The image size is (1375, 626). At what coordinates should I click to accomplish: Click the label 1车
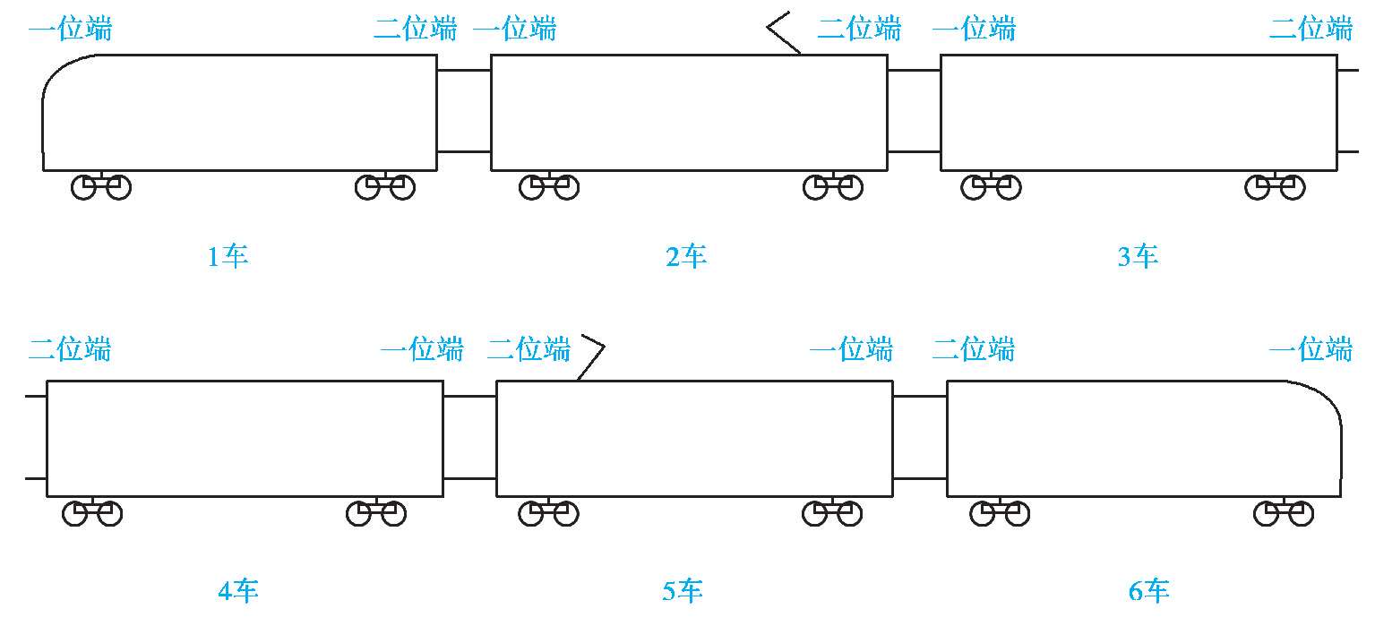(228, 258)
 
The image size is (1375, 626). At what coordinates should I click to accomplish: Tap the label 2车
(686, 258)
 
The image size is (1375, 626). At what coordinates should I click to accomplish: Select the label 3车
(1138, 258)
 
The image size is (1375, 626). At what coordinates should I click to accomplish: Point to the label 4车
(238, 591)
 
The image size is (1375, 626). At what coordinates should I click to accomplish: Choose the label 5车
(683, 591)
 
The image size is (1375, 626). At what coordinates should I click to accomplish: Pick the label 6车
(1149, 591)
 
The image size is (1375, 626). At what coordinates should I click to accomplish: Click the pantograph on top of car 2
(782, 34)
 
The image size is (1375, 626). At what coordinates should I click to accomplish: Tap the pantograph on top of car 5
(591, 357)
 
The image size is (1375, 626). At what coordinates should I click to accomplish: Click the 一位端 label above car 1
(71, 30)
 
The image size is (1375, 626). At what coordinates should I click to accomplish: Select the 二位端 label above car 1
(415, 30)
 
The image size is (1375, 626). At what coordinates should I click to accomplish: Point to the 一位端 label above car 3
(975, 30)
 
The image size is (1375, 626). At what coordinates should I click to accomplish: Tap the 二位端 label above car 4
(70, 348)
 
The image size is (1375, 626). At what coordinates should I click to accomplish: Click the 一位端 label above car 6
(1311, 348)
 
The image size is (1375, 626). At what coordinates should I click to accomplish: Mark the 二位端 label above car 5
(529, 348)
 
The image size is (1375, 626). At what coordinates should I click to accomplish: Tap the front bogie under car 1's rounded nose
(101, 187)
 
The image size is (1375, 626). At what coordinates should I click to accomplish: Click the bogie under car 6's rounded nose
(1284, 513)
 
